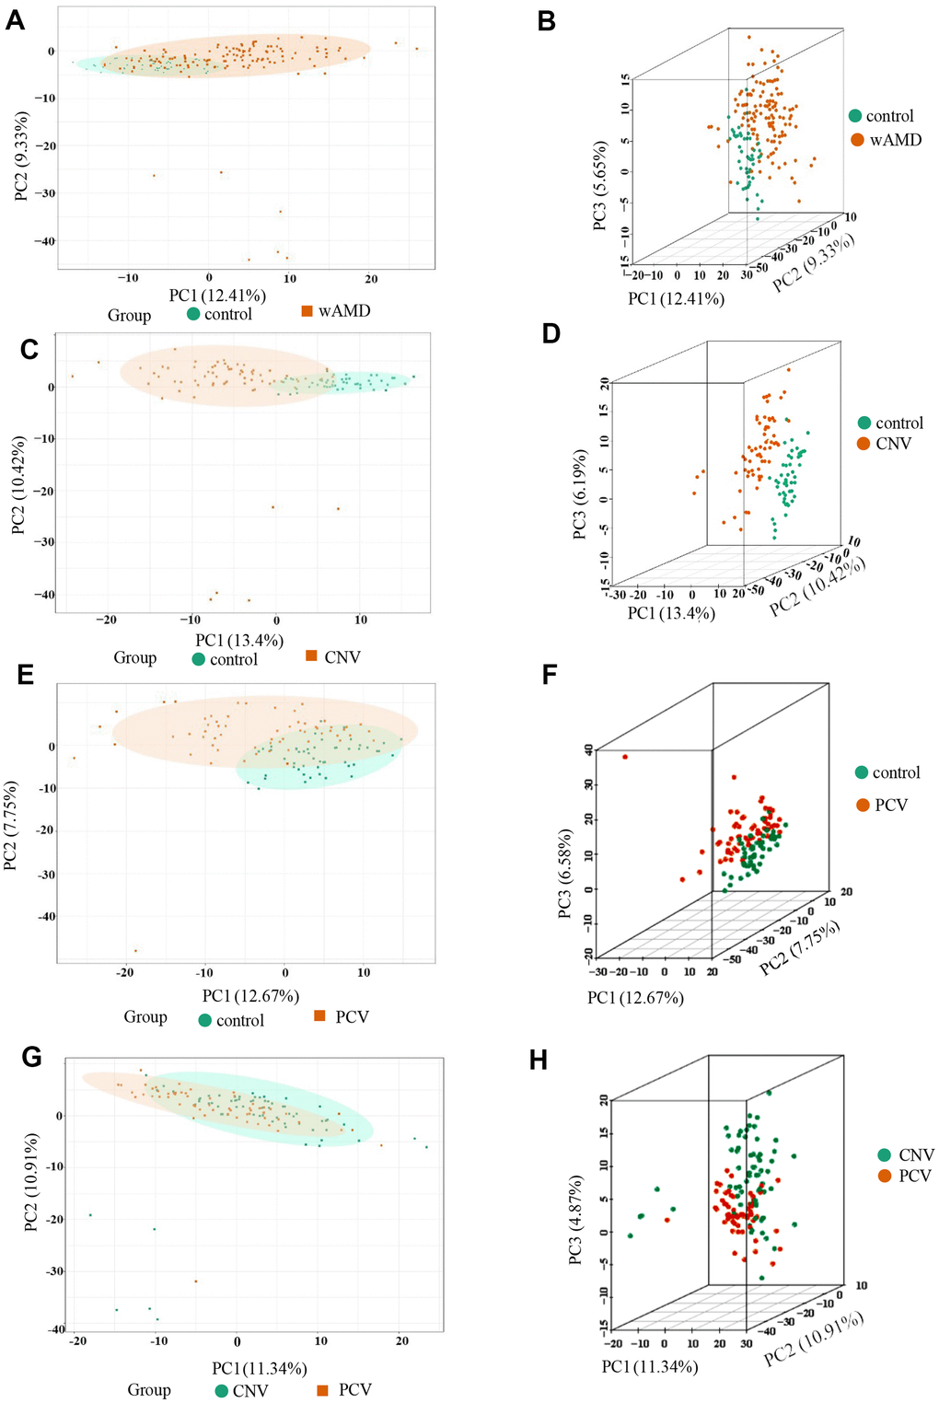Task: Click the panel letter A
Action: click(15, 20)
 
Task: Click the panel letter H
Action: click(539, 1060)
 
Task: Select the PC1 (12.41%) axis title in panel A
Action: click(217, 296)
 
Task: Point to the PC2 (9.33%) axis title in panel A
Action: click(21, 156)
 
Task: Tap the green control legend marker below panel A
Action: click(193, 314)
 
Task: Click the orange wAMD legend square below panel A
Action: click(307, 311)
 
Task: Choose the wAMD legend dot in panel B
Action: click(857, 140)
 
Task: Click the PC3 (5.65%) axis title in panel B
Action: click(600, 185)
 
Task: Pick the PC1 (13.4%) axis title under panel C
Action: click(239, 640)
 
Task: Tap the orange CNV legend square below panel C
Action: click(311, 655)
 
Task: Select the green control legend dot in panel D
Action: click(864, 423)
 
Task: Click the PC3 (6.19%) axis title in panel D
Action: click(579, 494)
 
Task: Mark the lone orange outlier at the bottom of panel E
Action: click(136, 950)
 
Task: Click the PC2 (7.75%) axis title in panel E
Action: click(10, 825)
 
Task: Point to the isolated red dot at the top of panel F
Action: click(625, 757)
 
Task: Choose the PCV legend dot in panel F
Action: click(863, 805)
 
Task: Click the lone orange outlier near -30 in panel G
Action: click(195, 1281)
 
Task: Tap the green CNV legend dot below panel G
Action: click(221, 1390)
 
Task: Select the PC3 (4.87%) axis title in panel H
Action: click(576, 1219)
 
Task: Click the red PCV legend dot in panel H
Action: click(885, 1176)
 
